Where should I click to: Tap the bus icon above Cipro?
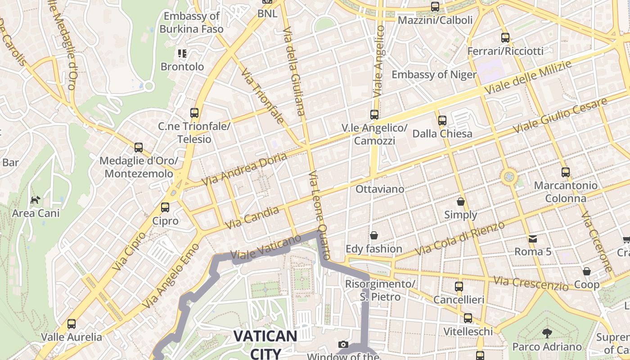165,207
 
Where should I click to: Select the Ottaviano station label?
380,189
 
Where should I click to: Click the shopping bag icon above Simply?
460,201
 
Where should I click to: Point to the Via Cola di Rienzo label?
460,239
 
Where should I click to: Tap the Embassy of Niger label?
434,75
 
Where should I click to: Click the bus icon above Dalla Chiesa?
442,120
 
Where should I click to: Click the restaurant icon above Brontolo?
182,54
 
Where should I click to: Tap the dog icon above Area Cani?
35,200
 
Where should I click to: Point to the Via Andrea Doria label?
244,169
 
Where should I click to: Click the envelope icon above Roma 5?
533,238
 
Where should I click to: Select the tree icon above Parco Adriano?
547,333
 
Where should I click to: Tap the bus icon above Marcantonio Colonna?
566,172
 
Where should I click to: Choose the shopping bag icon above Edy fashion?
373,235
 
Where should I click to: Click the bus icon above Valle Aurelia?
72,324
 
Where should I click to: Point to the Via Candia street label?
252,217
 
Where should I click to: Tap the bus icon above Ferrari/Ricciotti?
505,38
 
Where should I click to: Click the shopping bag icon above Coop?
586,271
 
